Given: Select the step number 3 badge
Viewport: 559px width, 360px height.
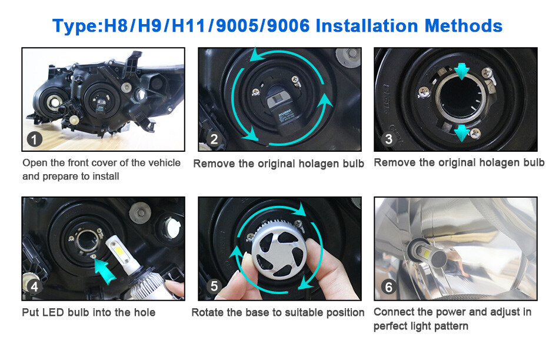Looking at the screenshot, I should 388,139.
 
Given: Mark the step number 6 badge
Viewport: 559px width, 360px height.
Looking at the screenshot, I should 388,287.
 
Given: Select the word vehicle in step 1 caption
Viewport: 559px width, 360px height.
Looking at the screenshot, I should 161,162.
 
